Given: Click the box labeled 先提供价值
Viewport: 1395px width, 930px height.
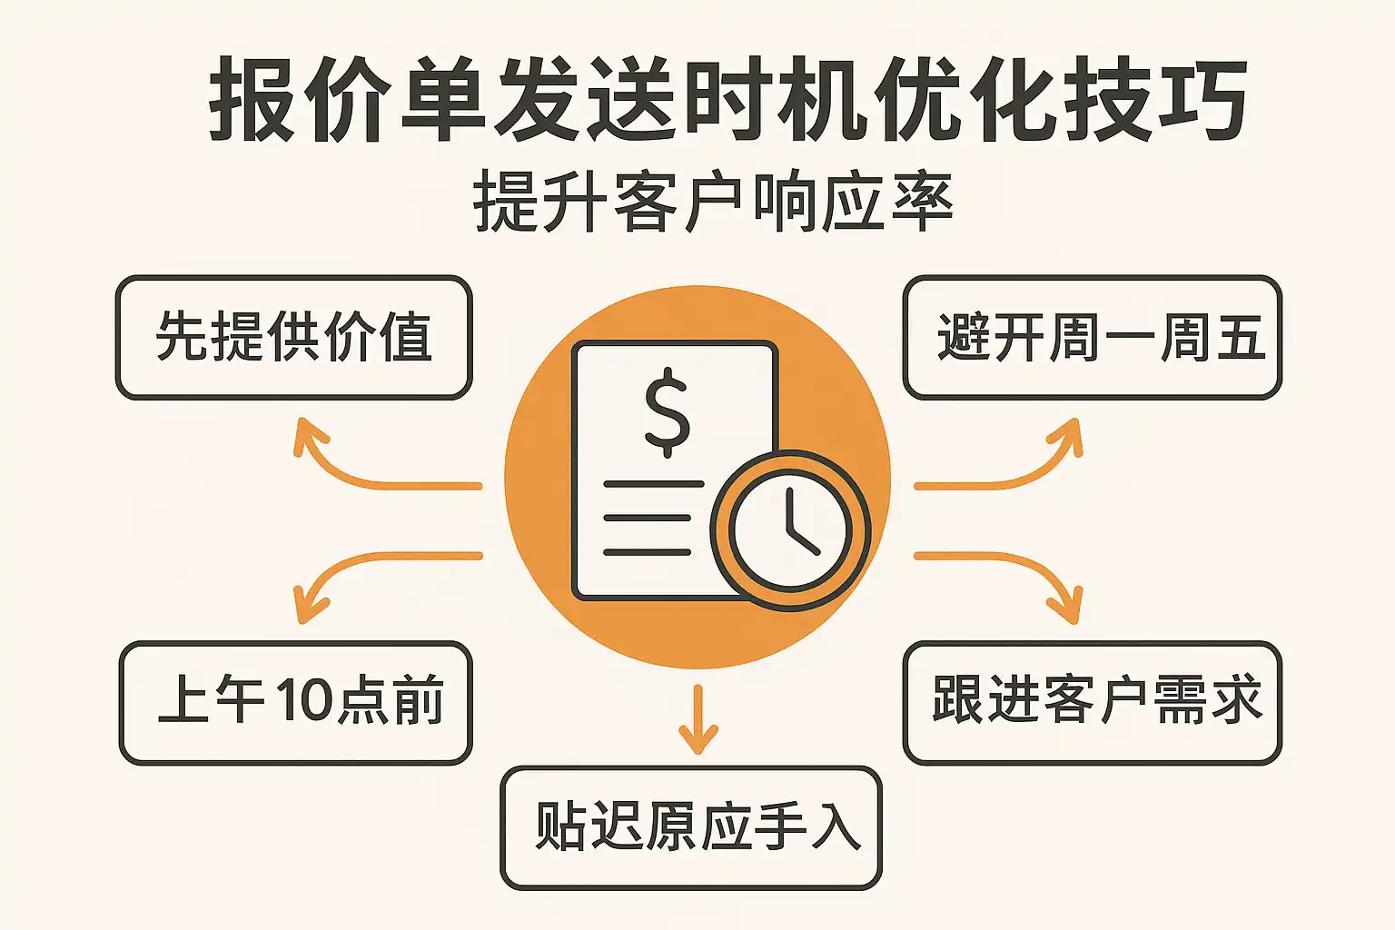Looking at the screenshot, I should point(293,338).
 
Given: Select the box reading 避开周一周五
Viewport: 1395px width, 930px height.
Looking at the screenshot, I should point(1092,338).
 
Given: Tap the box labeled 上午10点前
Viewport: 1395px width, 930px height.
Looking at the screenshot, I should point(295,703).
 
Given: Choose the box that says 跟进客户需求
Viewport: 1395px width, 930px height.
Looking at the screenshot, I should point(1092,703).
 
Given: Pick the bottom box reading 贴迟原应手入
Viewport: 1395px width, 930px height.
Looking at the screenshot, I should point(690,827).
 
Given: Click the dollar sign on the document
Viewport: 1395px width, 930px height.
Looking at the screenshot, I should point(667,412).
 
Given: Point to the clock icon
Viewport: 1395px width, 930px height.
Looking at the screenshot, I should point(790,530).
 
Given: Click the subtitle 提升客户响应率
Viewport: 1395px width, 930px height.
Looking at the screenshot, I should point(713,202).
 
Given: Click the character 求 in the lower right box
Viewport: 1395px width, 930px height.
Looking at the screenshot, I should point(1234,701).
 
